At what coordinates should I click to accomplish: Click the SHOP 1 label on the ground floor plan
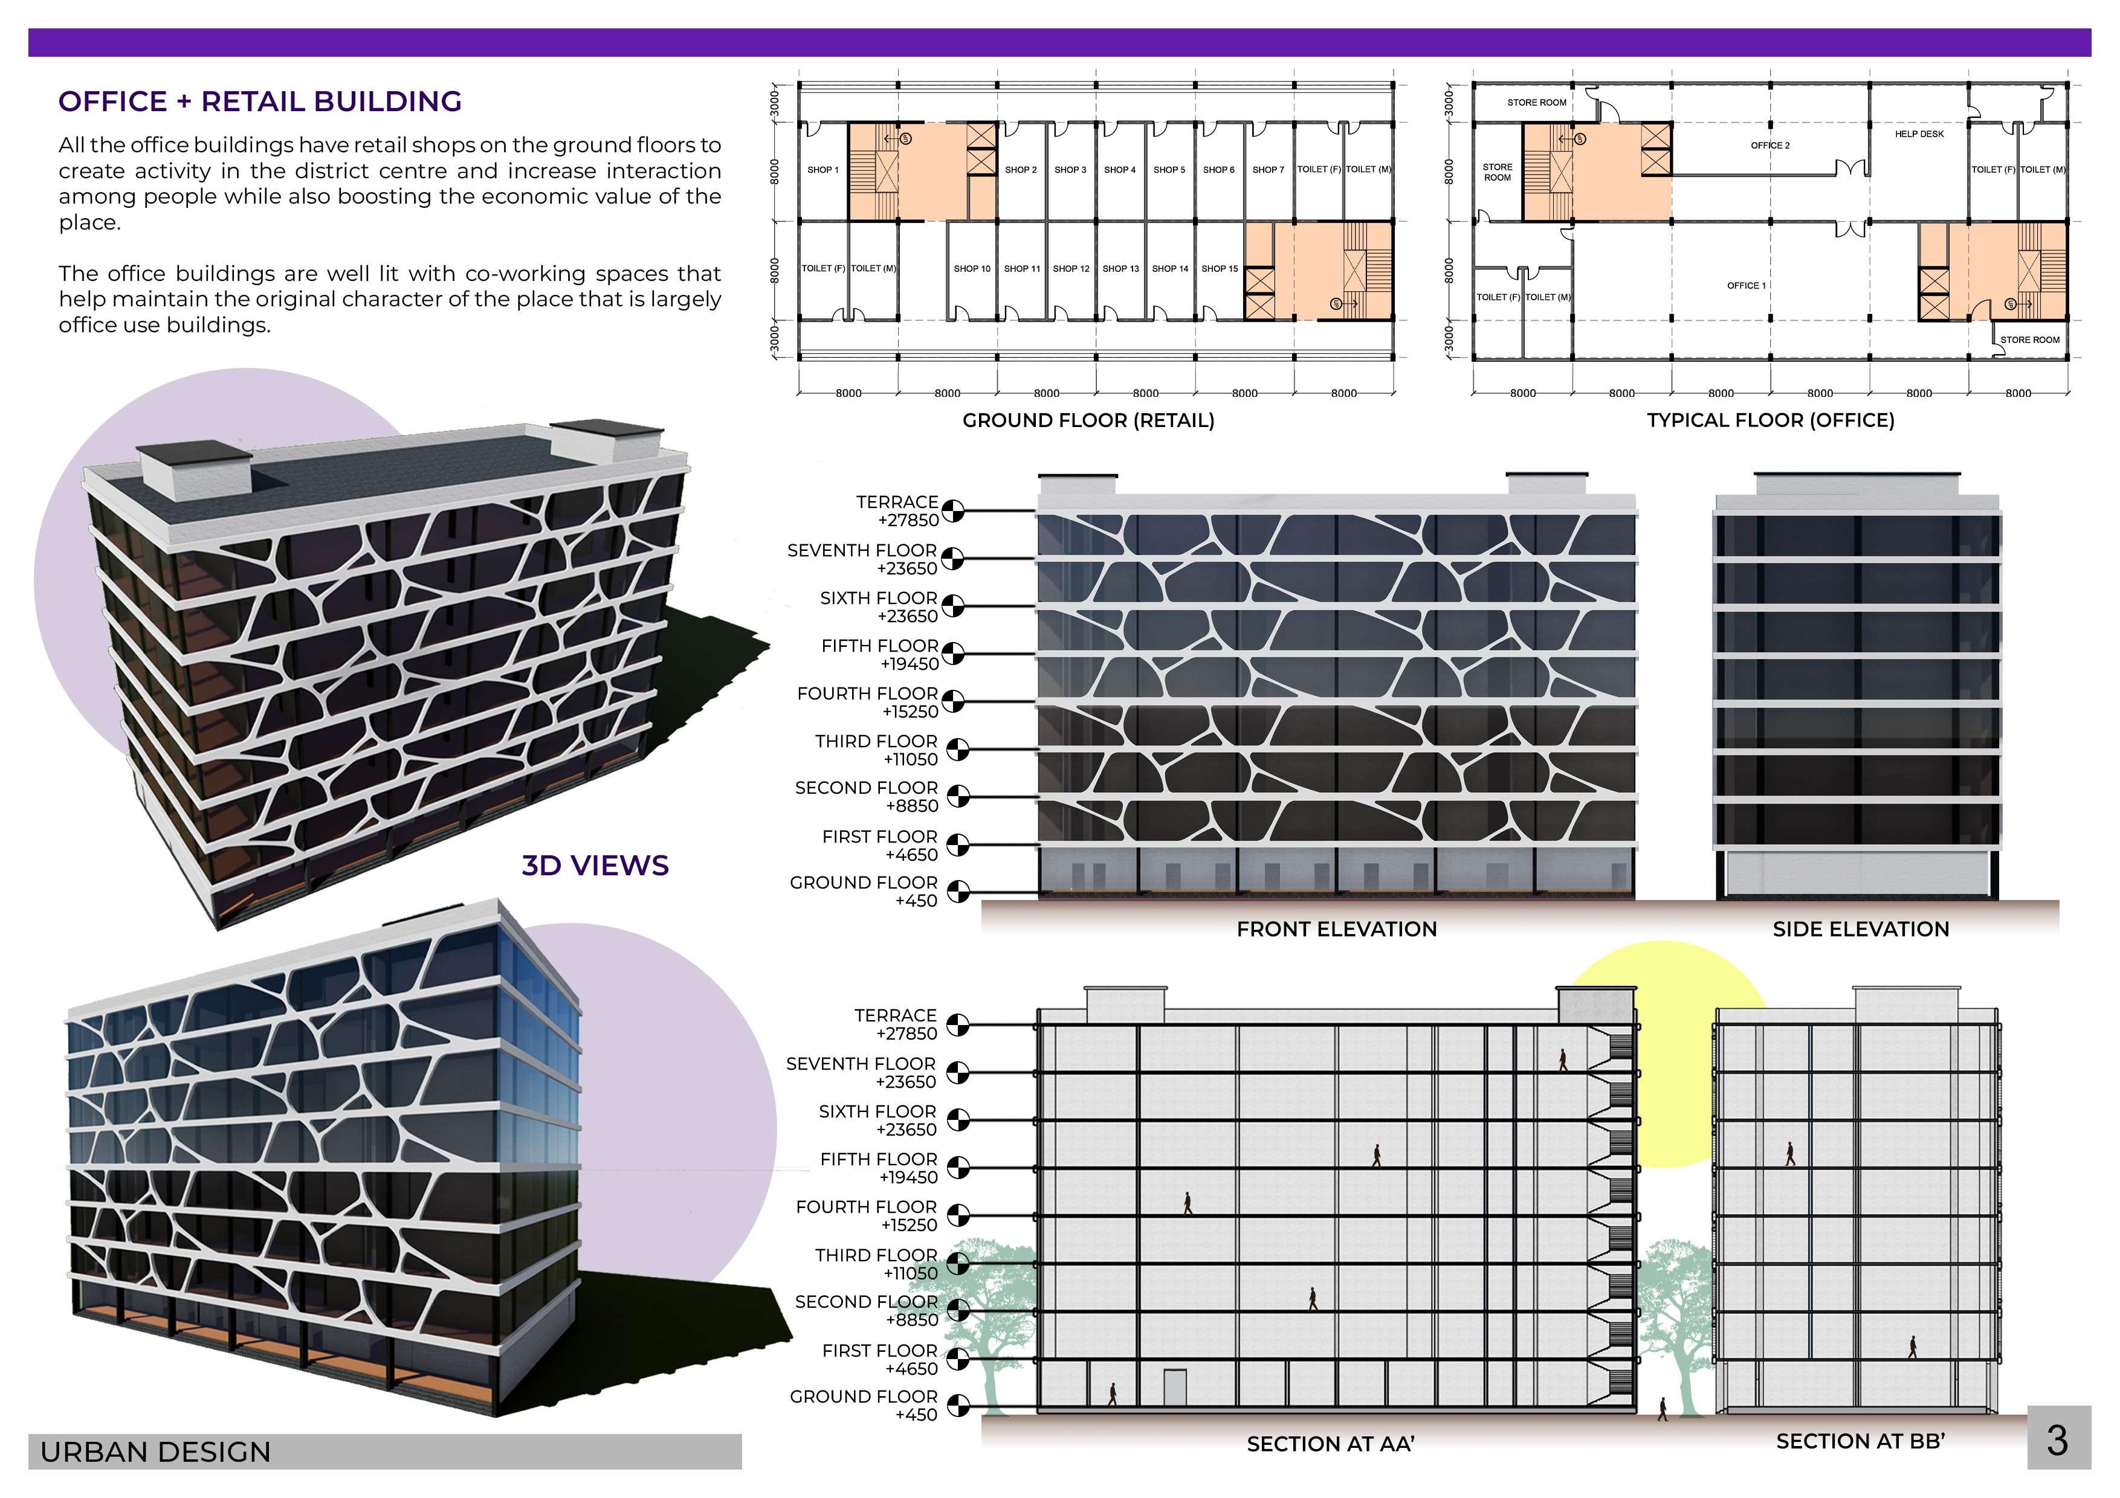pyautogui.click(x=822, y=170)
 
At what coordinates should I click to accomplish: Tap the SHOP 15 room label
pyautogui.click(x=1219, y=269)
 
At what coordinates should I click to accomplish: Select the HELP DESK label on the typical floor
pyautogui.click(x=1919, y=134)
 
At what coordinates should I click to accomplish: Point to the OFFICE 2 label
pyautogui.click(x=1770, y=145)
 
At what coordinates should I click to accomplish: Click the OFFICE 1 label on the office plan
pyautogui.click(x=1746, y=285)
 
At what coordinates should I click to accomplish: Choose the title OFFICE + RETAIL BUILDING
pyautogui.click(x=259, y=101)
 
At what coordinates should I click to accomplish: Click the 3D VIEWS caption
pyautogui.click(x=595, y=865)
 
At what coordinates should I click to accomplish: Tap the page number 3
pyautogui.click(x=2057, y=1440)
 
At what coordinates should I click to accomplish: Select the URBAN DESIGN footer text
pyautogui.click(x=155, y=1452)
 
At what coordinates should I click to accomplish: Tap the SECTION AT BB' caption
pyautogui.click(x=1861, y=1441)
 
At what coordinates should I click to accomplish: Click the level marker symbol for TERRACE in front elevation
pyautogui.click(x=953, y=510)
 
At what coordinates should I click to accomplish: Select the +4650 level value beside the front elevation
pyautogui.click(x=911, y=855)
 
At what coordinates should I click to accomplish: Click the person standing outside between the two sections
pyautogui.click(x=1663, y=1409)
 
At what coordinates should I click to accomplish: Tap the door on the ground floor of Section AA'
pyautogui.click(x=1174, y=1387)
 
